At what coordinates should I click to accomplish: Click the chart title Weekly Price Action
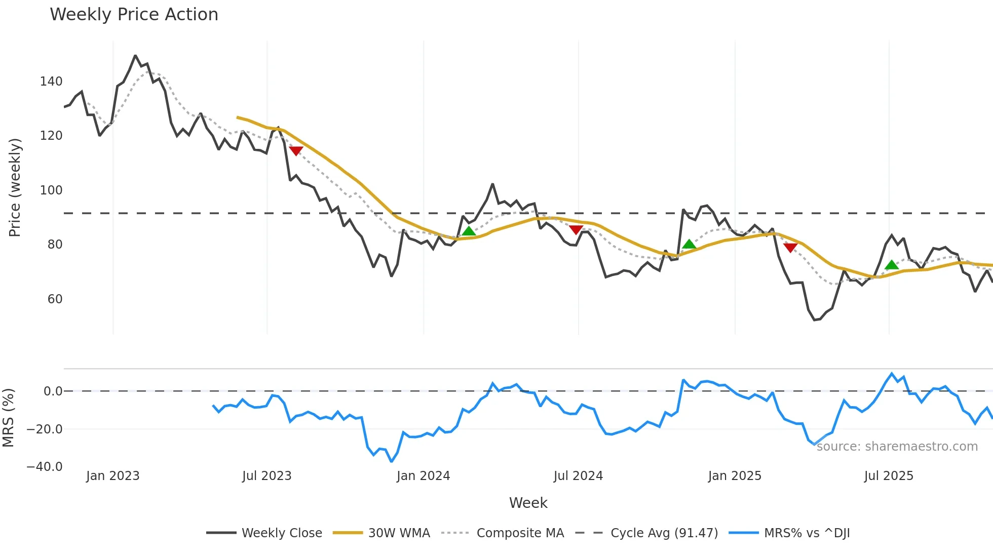pyautogui.click(x=134, y=15)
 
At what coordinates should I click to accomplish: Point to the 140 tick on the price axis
pyautogui.click(x=51, y=82)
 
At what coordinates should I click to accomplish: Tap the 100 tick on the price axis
pyautogui.click(x=51, y=190)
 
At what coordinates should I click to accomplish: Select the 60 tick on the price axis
pyautogui.click(x=55, y=299)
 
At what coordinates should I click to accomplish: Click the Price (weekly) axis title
pyautogui.click(x=15, y=187)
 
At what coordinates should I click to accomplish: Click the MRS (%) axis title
pyautogui.click(x=8, y=418)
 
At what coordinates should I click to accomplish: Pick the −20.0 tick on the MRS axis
pyautogui.click(x=45, y=429)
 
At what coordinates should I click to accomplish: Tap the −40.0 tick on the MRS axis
pyautogui.click(x=45, y=467)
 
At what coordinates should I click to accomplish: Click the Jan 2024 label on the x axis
pyautogui.click(x=423, y=476)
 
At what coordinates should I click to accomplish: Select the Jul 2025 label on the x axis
pyautogui.click(x=889, y=476)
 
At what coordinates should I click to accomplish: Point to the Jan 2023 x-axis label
pyautogui.click(x=112, y=476)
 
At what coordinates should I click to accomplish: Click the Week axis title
pyautogui.click(x=528, y=503)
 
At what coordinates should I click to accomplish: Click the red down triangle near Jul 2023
pyautogui.click(x=296, y=150)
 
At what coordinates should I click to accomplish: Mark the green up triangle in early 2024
pyautogui.click(x=469, y=231)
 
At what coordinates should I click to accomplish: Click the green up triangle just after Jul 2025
pyautogui.click(x=891, y=265)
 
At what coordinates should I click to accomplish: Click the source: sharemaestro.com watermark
pyautogui.click(x=897, y=447)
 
